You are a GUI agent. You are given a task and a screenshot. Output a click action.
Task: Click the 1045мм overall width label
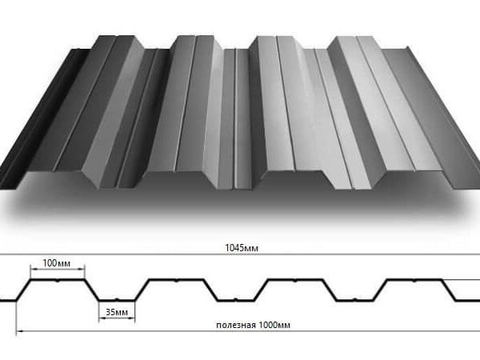coord(242,248)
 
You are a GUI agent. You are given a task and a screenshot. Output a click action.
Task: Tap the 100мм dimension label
coord(56,263)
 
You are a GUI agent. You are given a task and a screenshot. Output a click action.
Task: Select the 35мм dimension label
coord(117,312)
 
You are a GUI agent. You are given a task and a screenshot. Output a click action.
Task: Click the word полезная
coord(236,325)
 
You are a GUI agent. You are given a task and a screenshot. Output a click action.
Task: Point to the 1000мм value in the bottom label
coord(274,325)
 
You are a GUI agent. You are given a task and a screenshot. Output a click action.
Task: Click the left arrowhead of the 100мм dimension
coord(34,270)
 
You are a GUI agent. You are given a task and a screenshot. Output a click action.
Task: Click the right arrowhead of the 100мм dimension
coord(82,270)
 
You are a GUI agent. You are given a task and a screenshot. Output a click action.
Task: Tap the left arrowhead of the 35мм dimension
coord(102,318)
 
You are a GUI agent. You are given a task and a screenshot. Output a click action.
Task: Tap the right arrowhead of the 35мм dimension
coord(132,318)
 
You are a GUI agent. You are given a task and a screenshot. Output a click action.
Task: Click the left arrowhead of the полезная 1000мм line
coord(19,331)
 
